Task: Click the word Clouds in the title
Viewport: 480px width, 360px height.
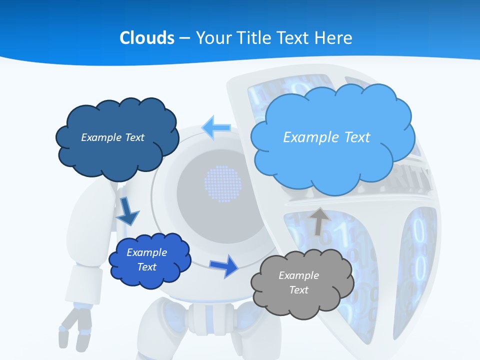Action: point(147,37)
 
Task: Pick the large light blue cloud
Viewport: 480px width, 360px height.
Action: point(332,165)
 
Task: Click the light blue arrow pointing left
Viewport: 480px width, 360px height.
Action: point(216,128)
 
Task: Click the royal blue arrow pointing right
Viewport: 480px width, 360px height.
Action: point(224,266)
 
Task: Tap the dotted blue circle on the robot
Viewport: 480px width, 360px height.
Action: point(223,183)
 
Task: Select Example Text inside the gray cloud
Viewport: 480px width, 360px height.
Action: point(298,282)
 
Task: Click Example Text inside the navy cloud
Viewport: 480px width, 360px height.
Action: point(112,137)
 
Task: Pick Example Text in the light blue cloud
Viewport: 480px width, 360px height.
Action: point(326,137)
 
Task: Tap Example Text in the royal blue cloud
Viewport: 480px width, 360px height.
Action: point(146,259)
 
